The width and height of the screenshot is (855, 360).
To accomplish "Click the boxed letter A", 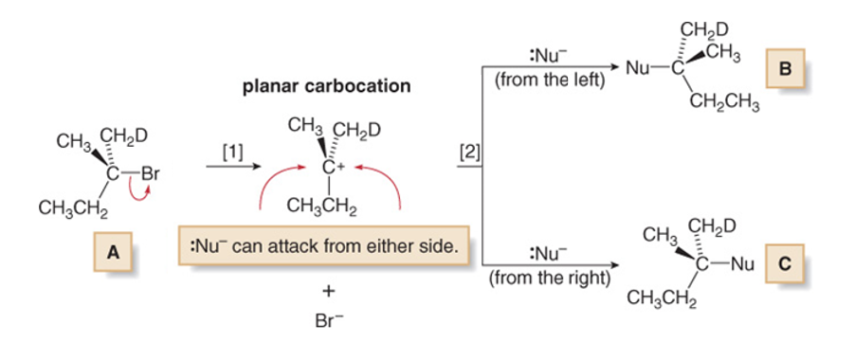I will (x=114, y=253).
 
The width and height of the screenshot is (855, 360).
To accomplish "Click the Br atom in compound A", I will (x=152, y=174).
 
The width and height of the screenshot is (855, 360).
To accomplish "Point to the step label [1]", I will (x=231, y=150).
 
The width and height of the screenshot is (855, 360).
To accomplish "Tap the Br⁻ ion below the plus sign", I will (x=326, y=320).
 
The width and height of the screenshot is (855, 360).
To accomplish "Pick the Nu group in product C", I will (x=740, y=266).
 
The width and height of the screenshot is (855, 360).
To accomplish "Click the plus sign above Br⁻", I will (x=325, y=289).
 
